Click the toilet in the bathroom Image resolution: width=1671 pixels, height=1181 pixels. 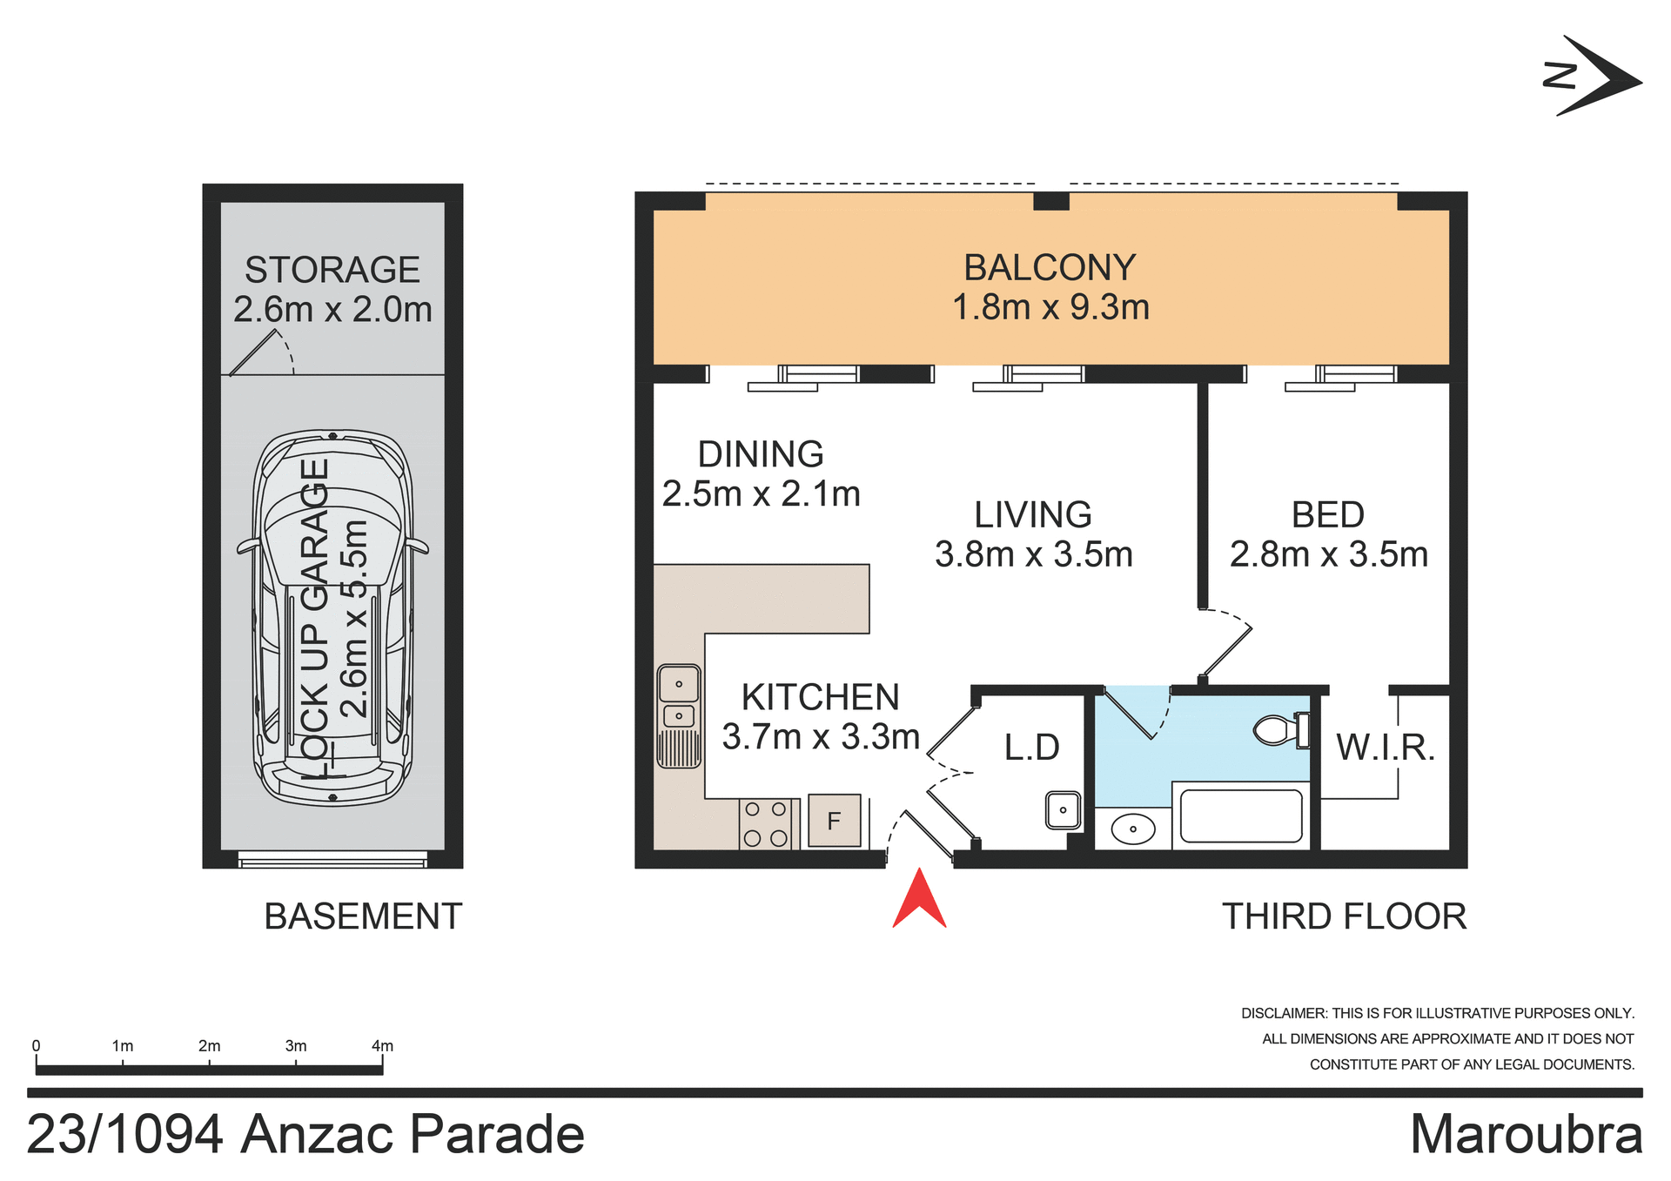tap(1278, 729)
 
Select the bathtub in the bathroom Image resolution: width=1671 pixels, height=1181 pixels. tap(1241, 815)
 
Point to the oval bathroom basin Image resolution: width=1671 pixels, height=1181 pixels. tap(1132, 828)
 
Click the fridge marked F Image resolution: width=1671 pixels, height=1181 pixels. tap(834, 820)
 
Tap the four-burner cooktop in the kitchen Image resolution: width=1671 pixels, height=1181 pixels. tap(765, 823)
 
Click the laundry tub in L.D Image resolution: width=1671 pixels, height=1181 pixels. tap(1063, 810)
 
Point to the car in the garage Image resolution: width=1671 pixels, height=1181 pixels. tap(332, 618)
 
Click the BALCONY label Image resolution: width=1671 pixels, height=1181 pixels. tap(1050, 268)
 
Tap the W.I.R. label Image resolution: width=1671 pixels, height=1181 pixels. tap(1385, 748)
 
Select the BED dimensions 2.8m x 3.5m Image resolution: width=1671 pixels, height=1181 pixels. tap(1328, 554)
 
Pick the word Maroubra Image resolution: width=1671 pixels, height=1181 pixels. tap(1526, 1134)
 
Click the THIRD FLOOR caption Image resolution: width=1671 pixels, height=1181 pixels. tap(1344, 916)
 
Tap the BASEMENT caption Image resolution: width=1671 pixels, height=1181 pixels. tap(363, 916)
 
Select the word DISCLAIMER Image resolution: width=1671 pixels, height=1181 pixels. tap(1284, 1013)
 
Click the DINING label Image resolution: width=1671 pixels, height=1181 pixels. tap(761, 454)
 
